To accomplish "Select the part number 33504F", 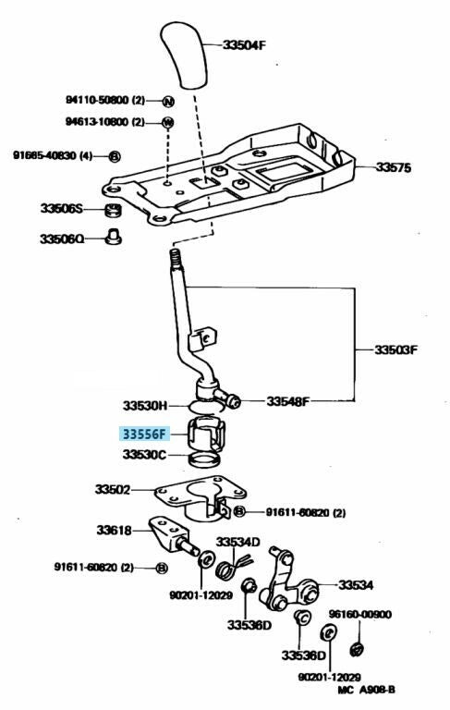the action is coord(244,44).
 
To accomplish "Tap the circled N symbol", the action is coord(168,102).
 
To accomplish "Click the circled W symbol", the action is coord(168,122).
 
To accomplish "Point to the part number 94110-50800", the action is coord(98,100).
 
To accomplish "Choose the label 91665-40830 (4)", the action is coord(53,155).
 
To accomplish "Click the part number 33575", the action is coord(394,167).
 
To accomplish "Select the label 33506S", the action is coord(62,209).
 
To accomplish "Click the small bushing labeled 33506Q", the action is coord(113,237).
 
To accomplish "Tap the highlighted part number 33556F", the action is coord(144,435).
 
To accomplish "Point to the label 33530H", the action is coord(145,405).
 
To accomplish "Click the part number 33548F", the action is coord(288,401).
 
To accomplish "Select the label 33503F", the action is coord(395,349).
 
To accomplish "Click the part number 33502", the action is coord(113,489).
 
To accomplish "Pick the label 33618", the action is coord(114,530).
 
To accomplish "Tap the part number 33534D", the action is coord(237,542).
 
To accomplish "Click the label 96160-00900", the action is coord(360,614).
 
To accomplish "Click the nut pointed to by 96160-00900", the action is coord(358,649).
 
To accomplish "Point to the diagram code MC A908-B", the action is coord(366,690).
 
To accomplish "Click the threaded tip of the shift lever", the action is coord(175,258).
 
